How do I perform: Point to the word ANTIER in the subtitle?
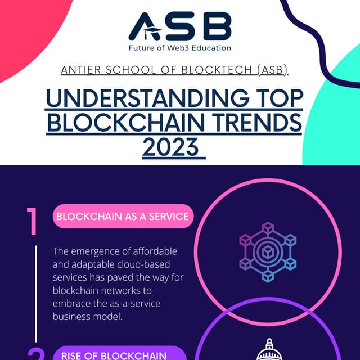[x=79, y=71]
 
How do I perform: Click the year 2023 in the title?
[x=172, y=147]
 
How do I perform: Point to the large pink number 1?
[x=33, y=222]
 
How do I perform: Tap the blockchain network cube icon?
[x=268, y=252]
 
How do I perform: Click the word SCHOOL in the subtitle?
[x=127, y=71]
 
